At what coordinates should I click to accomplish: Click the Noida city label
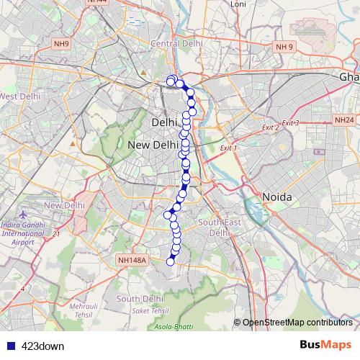coord(276,197)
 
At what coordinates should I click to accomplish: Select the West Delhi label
coord(19,96)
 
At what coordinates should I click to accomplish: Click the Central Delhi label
coord(176,44)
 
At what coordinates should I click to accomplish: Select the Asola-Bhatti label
coord(174,327)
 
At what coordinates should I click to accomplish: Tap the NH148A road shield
coord(132,260)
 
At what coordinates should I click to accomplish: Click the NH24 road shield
coord(343,120)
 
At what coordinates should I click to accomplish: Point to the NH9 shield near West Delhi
coord(61,44)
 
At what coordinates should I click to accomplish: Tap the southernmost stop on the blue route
coord(171,261)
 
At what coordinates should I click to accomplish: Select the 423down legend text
coord(42,346)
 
